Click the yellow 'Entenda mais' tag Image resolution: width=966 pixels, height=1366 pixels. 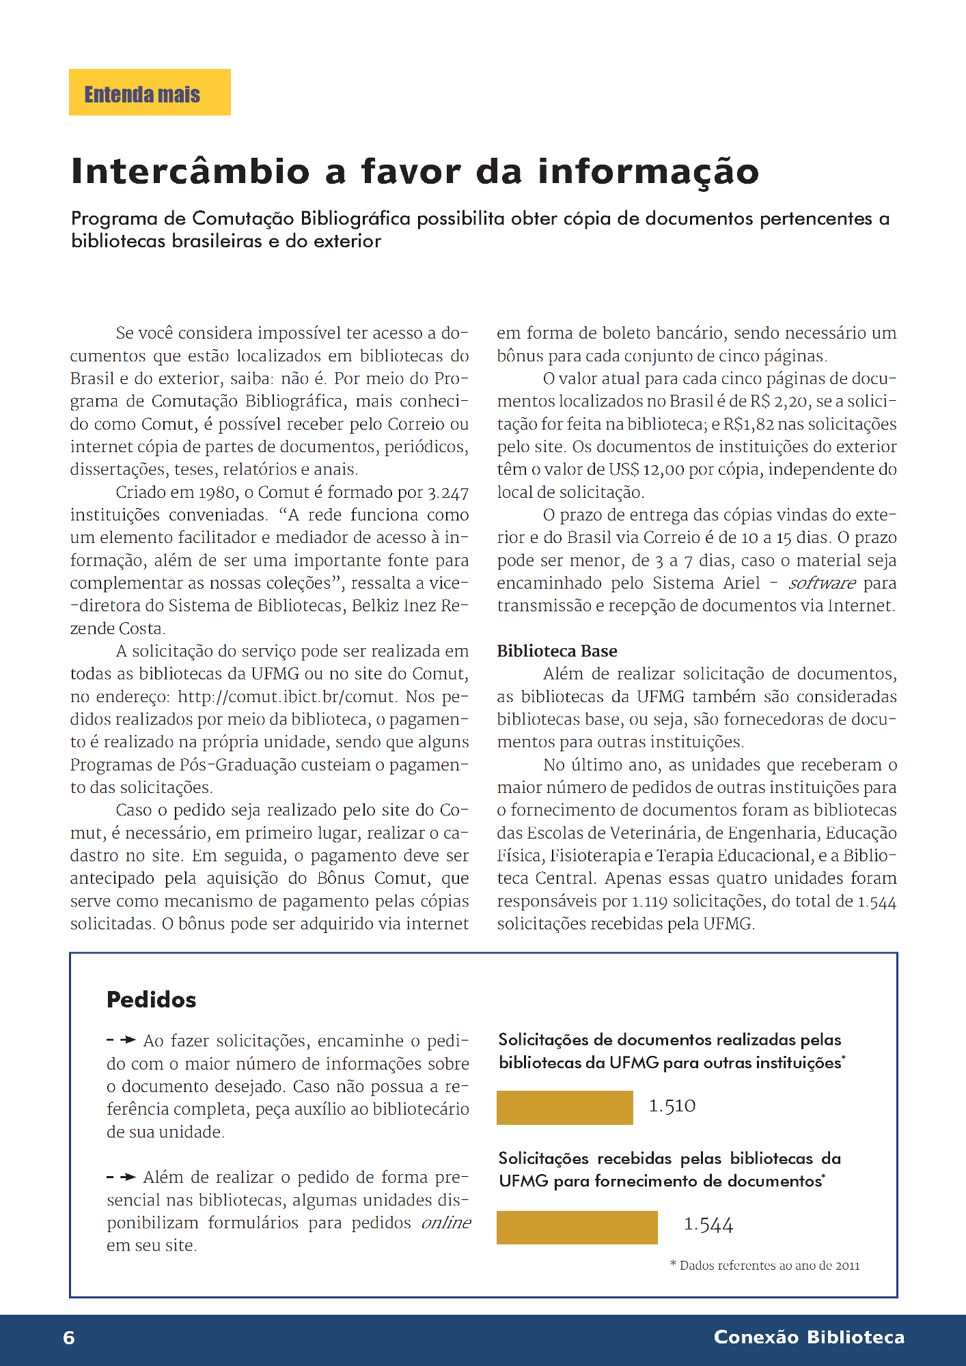[150, 92]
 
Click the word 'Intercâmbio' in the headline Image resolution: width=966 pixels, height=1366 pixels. [190, 171]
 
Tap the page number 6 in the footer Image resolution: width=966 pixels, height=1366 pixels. [69, 1337]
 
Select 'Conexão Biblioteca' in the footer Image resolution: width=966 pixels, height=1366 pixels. [809, 1337]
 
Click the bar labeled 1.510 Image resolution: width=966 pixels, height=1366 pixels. [564, 1107]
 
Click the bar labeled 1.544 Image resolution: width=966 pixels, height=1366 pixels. [577, 1227]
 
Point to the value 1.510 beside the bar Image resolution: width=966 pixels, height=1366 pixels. [672, 1106]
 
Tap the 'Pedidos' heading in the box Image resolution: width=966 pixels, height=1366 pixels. [151, 1000]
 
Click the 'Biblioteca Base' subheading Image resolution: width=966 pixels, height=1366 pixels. [557, 651]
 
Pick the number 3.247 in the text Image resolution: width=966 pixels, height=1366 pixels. [448, 492]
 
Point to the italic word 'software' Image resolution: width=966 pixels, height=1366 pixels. [822, 583]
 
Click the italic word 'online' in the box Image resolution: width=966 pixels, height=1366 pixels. [446, 1223]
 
